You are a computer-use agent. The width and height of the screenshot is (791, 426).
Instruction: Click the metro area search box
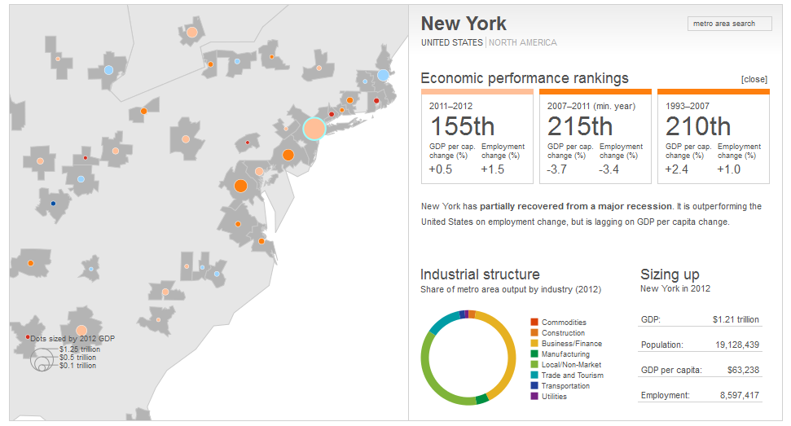tap(729, 24)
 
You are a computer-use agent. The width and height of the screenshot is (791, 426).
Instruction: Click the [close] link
tap(754, 79)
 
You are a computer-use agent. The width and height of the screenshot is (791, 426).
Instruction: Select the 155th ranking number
tap(462, 127)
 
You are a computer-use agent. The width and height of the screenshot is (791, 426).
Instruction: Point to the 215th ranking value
tap(580, 127)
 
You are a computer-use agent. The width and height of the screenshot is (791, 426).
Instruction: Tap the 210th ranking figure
tap(698, 127)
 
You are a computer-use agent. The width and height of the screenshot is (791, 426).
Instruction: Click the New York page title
tap(464, 24)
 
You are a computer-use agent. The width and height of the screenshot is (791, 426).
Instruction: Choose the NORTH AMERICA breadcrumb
tap(522, 42)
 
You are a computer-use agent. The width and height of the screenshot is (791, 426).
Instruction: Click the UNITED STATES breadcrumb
tap(451, 42)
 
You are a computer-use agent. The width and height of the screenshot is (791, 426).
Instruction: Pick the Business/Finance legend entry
tap(571, 344)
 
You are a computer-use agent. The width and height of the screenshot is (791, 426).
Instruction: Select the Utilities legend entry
tap(553, 397)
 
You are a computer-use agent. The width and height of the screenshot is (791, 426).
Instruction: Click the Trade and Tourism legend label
tap(572, 375)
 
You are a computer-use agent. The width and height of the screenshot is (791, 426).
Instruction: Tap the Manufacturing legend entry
tap(565, 354)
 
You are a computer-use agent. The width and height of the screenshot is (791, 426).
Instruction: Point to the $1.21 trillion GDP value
tap(736, 319)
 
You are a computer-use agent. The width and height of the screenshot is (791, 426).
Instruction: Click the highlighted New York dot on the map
tap(314, 129)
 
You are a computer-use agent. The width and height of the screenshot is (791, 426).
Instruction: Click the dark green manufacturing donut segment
tap(481, 398)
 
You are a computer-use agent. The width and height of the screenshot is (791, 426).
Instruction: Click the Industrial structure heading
tap(480, 274)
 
